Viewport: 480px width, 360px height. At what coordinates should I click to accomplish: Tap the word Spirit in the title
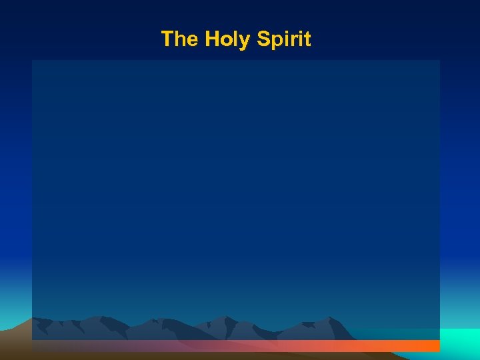coord(284,39)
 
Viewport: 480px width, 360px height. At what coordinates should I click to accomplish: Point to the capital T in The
coord(167,39)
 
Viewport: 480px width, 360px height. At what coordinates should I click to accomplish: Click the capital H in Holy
coord(212,39)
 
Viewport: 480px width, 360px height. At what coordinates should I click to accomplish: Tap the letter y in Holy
coord(245,41)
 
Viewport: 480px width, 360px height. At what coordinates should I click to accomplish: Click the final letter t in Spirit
coord(307,39)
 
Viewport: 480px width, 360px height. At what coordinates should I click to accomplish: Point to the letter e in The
coord(192,40)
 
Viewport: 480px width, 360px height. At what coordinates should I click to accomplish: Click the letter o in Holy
coord(227,40)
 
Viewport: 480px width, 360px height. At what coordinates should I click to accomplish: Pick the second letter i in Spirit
coord(300,39)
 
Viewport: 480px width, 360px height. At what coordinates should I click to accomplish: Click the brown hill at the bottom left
coord(17,337)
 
